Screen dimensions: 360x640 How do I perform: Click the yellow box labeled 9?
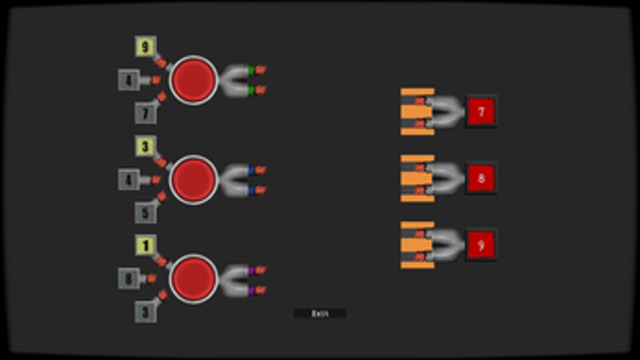point(146,47)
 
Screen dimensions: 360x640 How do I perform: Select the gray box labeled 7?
point(146,112)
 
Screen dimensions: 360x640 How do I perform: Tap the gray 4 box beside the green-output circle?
point(129,80)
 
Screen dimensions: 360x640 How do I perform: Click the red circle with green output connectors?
point(194,80)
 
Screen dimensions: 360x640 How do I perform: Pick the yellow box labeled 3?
point(146,147)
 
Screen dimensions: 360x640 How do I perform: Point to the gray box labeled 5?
point(146,212)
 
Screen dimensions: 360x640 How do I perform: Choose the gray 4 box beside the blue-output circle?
point(129,180)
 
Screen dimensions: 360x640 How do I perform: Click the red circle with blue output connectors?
point(194,179)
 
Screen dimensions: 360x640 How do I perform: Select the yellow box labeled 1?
point(146,246)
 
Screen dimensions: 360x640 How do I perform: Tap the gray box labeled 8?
point(129,279)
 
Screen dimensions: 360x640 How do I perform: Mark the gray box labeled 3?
point(146,311)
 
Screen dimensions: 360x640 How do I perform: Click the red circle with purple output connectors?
point(194,278)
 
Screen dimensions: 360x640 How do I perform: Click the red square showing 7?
point(481,111)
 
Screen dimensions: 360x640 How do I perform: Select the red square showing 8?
point(481,177)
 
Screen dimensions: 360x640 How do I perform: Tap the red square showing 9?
point(481,244)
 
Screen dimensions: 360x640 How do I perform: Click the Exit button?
point(320,313)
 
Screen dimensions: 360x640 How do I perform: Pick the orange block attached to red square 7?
point(416,111)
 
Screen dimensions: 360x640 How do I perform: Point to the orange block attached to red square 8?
point(416,177)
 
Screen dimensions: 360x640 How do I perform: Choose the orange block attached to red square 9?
point(416,244)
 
